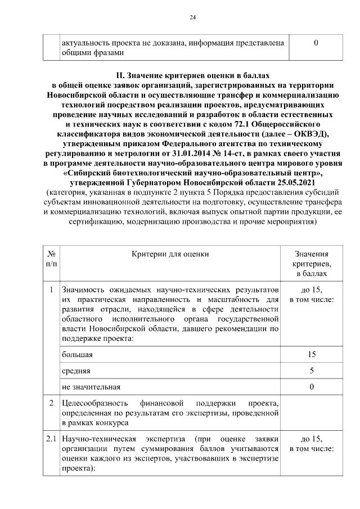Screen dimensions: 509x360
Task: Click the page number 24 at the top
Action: [x=192, y=18]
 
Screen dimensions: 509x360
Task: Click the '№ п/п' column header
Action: [x=51, y=259]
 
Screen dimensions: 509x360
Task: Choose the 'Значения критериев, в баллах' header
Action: [x=312, y=264]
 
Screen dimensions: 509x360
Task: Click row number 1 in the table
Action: [x=51, y=290]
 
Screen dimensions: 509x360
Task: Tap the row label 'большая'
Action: [x=77, y=355]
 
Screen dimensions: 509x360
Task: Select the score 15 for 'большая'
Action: [x=312, y=355]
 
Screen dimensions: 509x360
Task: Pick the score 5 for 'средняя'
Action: [x=312, y=371]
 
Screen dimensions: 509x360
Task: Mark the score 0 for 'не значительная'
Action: [x=312, y=388]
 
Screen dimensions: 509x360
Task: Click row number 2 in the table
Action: [x=51, y=403]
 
